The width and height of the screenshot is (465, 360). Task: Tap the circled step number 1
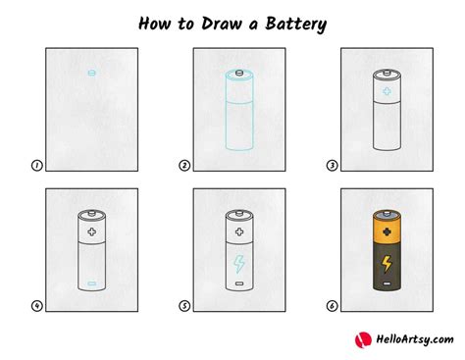click(36, 167)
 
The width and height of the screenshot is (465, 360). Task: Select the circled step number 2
click(183, 167)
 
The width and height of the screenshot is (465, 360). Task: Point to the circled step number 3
click(331, 167)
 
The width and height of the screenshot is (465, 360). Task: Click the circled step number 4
click(36, 305)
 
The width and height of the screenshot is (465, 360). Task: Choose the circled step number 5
click(183, 305)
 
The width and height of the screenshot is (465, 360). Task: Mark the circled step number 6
click(331, 305)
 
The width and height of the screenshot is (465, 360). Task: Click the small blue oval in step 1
click(90, 73)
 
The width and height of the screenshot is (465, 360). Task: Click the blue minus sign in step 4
click(91, 283)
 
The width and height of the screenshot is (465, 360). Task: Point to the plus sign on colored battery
click(385, 232)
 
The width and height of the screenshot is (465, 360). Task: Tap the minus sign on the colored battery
click(385, 283)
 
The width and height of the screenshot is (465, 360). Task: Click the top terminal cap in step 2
click(237, 73)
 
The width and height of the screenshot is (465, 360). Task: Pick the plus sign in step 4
click(91, 232)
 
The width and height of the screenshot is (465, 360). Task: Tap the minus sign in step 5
click(237, 283)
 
